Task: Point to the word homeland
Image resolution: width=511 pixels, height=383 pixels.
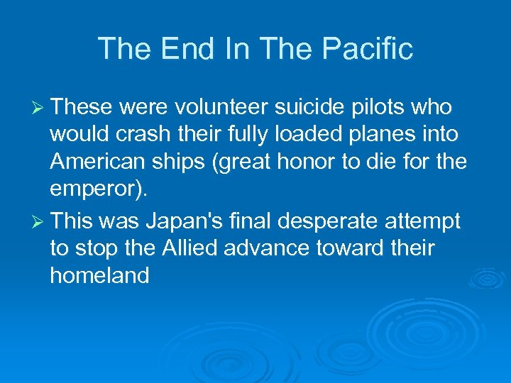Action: click(x=99, y=275)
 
